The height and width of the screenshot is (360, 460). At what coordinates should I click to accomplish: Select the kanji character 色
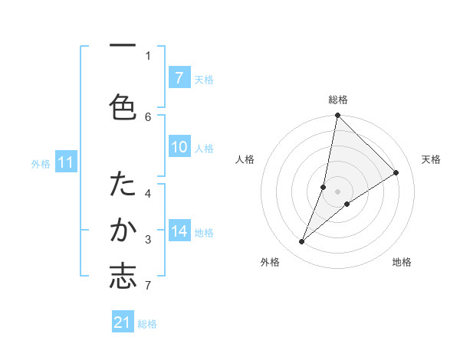click(123, 106)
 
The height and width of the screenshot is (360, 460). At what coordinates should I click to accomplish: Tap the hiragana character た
click(123, 184)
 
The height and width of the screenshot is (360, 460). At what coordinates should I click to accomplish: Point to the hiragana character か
click(123, 230)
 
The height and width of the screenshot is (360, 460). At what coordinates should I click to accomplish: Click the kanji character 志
click(123, 277)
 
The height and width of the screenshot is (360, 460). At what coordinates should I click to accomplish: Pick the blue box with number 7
click(179, 77)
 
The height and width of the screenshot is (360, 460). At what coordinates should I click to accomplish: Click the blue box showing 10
click(179, 147)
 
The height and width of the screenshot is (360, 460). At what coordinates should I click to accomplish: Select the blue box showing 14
click(179, 231)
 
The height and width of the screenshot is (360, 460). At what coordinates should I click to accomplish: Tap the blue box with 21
click(123, 322)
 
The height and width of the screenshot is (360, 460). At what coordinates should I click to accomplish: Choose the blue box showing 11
click(65, 162)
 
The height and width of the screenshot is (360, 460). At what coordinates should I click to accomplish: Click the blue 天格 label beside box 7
click(204, 79)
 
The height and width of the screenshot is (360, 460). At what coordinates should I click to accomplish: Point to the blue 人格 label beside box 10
click(204, 148)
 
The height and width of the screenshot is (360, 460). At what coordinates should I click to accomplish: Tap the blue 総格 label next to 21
click(147, 324)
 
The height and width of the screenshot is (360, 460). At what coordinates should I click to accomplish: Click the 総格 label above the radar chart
click(337, 100)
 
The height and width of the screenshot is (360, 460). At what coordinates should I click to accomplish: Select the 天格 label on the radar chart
click(431, 159)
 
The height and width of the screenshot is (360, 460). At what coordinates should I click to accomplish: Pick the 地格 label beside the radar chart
click(402, 262)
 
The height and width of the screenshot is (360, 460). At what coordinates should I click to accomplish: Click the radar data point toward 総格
click(337, 116)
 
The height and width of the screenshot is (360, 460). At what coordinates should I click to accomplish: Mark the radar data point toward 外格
click(302, 242)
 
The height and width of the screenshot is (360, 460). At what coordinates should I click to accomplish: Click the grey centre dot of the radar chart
click(337, 191)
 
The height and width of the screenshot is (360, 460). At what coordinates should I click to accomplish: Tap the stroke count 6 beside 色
click(148, 116)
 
